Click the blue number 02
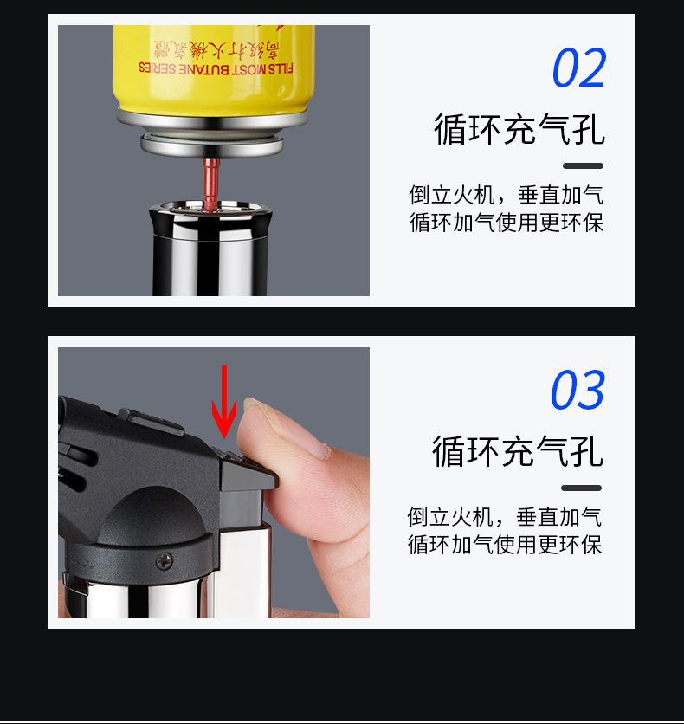point(578,68)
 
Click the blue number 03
point(578,390)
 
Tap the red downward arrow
point(224,402)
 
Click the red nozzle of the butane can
point(210,184)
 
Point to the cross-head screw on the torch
point(165,561)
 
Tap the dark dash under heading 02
point(583,165)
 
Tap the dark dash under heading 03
point(581,488)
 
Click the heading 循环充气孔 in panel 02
point(519,130)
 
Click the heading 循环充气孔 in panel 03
point(518,451)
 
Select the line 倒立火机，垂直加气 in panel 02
point(506,194)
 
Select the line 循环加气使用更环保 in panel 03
point(505,545)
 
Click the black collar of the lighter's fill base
point(210,222)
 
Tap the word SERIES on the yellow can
point(158,68)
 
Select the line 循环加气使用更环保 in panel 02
point(507,222)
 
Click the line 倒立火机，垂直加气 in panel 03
point(505,517)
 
